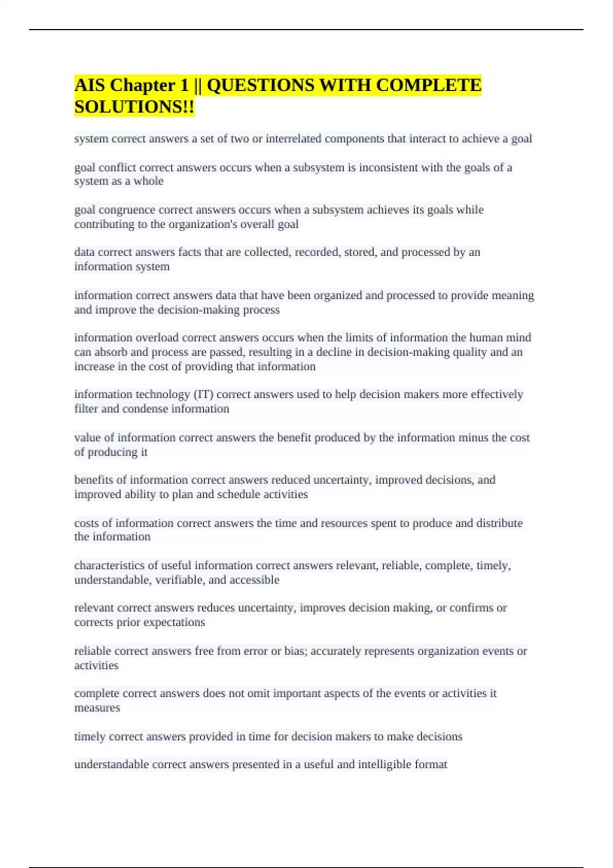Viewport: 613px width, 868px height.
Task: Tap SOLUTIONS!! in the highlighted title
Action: (x=134, y=107)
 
